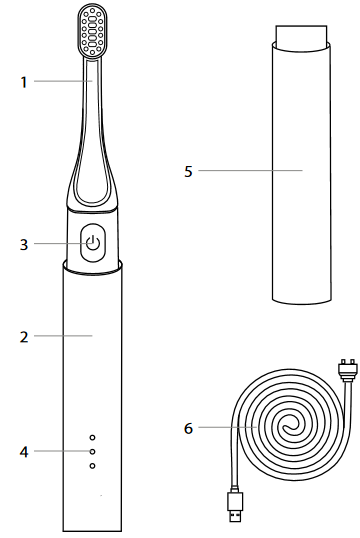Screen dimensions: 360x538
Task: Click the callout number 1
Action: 24,82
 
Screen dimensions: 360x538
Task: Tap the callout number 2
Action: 24,337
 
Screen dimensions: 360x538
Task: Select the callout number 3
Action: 24,245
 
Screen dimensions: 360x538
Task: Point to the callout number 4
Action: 24,452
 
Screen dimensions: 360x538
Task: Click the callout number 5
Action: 188,172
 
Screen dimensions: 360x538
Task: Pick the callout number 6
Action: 188,428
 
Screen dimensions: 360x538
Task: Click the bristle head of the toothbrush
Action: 92,32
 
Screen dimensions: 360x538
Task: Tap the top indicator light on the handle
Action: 92,437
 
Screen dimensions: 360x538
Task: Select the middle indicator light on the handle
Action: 92,452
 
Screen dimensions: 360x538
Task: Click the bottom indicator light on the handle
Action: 92,466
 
